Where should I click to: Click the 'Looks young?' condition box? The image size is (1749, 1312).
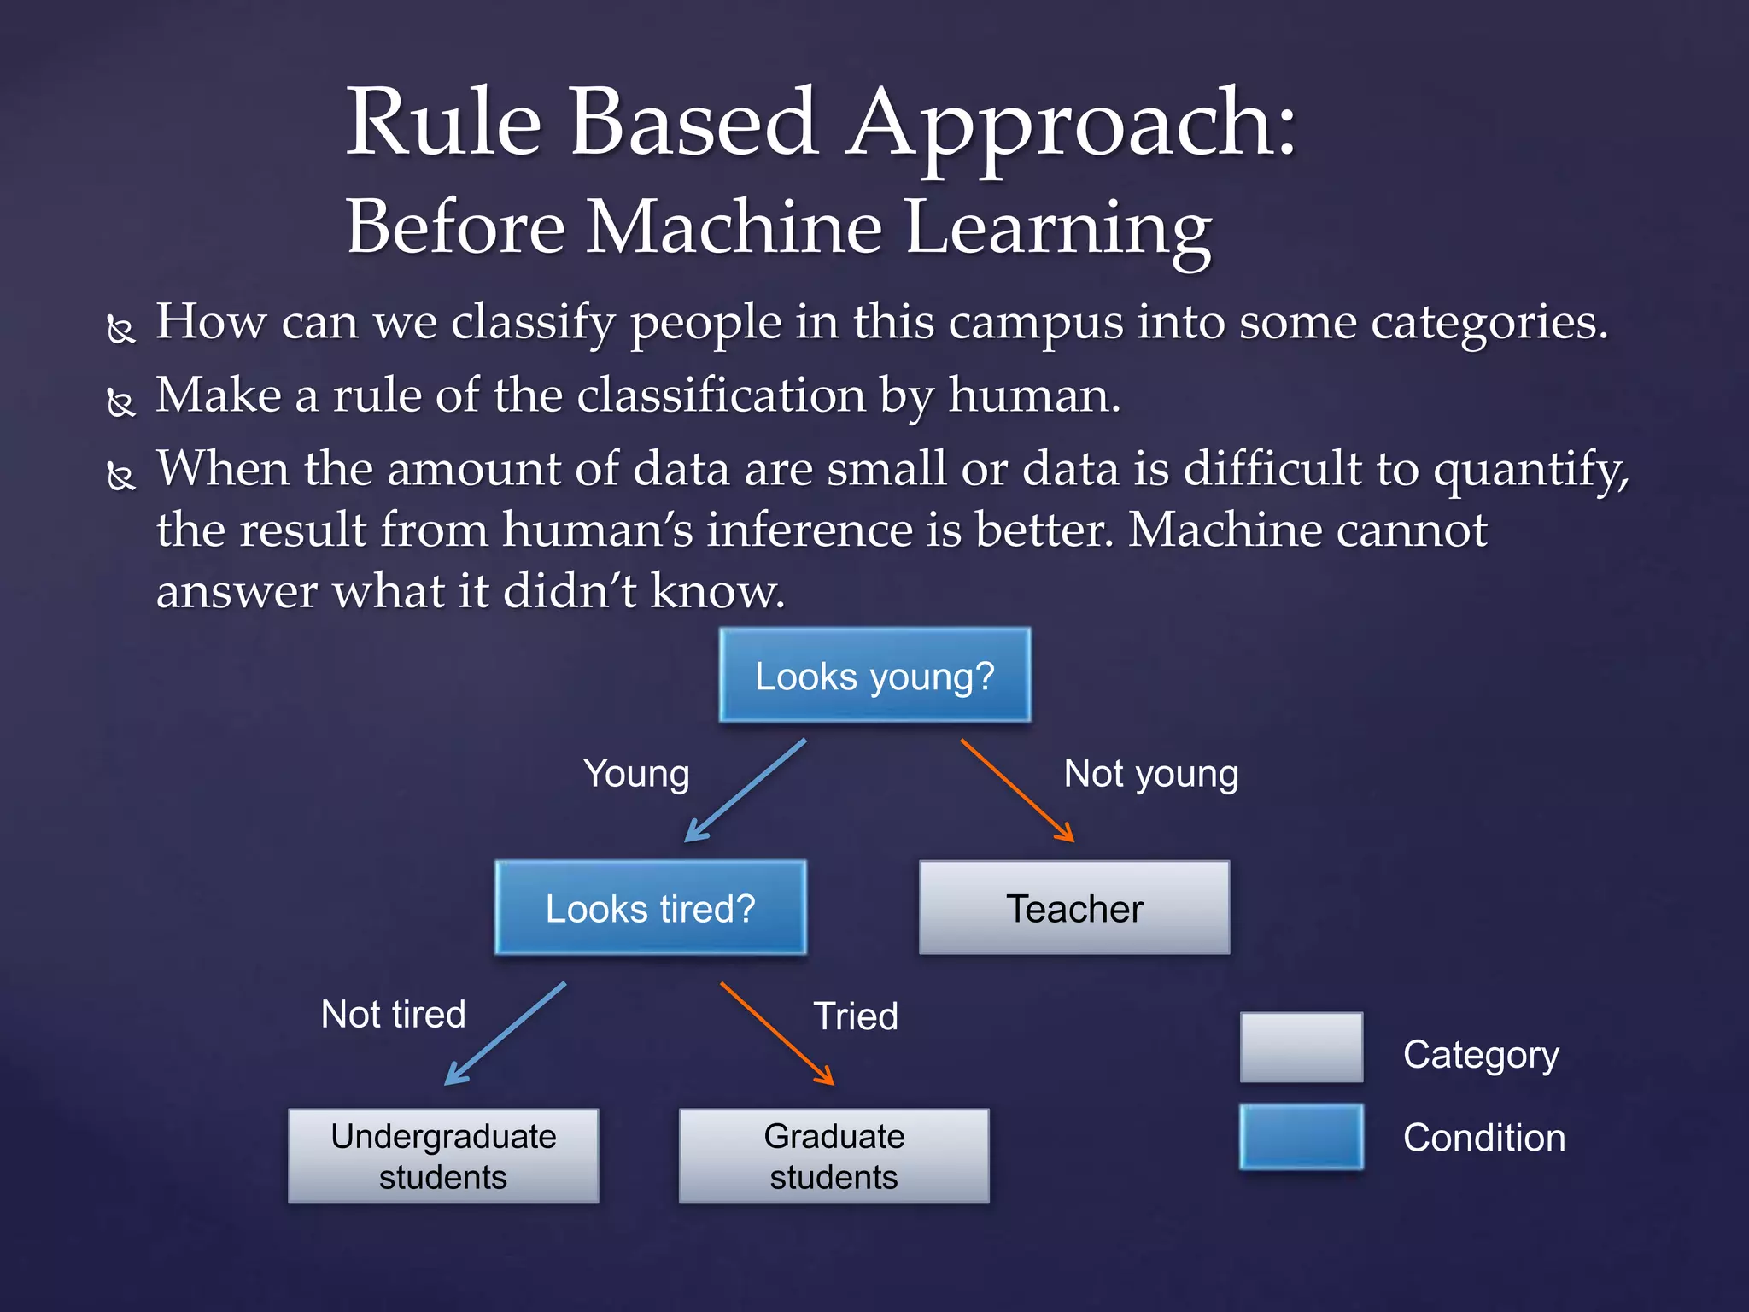(874, 676)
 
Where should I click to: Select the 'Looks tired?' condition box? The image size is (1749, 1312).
(650, 908)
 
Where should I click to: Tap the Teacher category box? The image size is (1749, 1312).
(1074, 908)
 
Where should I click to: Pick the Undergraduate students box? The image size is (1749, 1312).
(443, 1156)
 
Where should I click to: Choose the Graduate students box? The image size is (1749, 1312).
(834, 1156)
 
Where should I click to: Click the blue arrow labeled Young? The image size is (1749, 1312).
(745, 791)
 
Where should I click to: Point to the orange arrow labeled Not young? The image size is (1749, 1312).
(1016, 790)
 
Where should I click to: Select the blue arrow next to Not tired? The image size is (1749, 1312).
(505, 1034)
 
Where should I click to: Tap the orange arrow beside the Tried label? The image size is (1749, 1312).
(776, 1034)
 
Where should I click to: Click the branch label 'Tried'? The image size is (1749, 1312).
(856, 1016)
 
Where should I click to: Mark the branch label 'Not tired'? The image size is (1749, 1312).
(393, 1015)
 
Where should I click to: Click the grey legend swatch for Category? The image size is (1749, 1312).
(1301, 1047)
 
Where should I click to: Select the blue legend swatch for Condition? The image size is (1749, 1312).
(1301, 1137)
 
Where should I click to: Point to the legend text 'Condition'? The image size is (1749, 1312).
(1483, 1138)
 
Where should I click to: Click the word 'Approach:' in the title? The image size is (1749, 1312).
(1072, 124)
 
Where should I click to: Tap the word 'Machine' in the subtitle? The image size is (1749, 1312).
(734, 228)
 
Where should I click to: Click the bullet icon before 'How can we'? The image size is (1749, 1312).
(121, 329)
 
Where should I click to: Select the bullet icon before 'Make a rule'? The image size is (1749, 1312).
(121, 401)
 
